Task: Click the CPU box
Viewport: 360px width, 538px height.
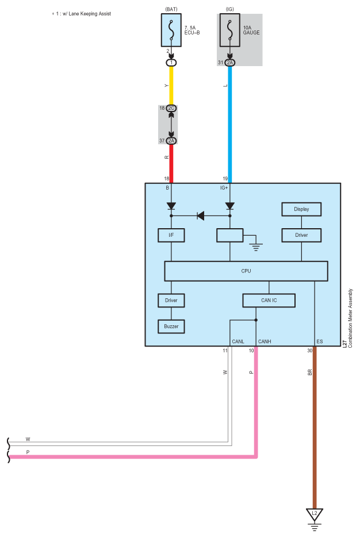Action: pos(246,271)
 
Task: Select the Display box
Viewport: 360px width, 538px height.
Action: pos(301,209)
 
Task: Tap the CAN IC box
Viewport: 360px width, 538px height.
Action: pos(269,300)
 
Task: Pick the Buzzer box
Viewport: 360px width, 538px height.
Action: pos(171,326)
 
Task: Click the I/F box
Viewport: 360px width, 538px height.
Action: pos(171,235)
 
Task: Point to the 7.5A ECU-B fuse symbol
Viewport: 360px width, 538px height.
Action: pos(171,30)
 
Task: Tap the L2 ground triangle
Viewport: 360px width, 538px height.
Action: pos(315,513)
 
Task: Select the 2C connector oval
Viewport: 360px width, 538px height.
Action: pos(171,108)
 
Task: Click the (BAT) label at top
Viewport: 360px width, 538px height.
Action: pos(171,9)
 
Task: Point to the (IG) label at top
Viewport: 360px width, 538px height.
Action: pos(229,9)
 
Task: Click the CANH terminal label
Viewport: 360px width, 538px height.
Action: pos(265,341)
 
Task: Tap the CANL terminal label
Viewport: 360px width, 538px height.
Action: pos(238,341)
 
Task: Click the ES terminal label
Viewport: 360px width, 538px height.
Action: pos(320,341)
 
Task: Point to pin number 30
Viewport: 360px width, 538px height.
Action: pos(309,350)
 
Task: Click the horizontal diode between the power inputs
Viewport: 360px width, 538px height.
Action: pos(201,216)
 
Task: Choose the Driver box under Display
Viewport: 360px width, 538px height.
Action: pos(301,235)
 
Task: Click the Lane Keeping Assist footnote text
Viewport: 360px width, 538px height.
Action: pos(82,13)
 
